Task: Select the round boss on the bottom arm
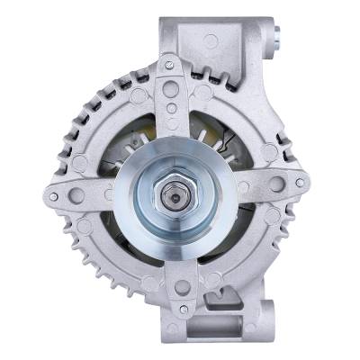(183, 287)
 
